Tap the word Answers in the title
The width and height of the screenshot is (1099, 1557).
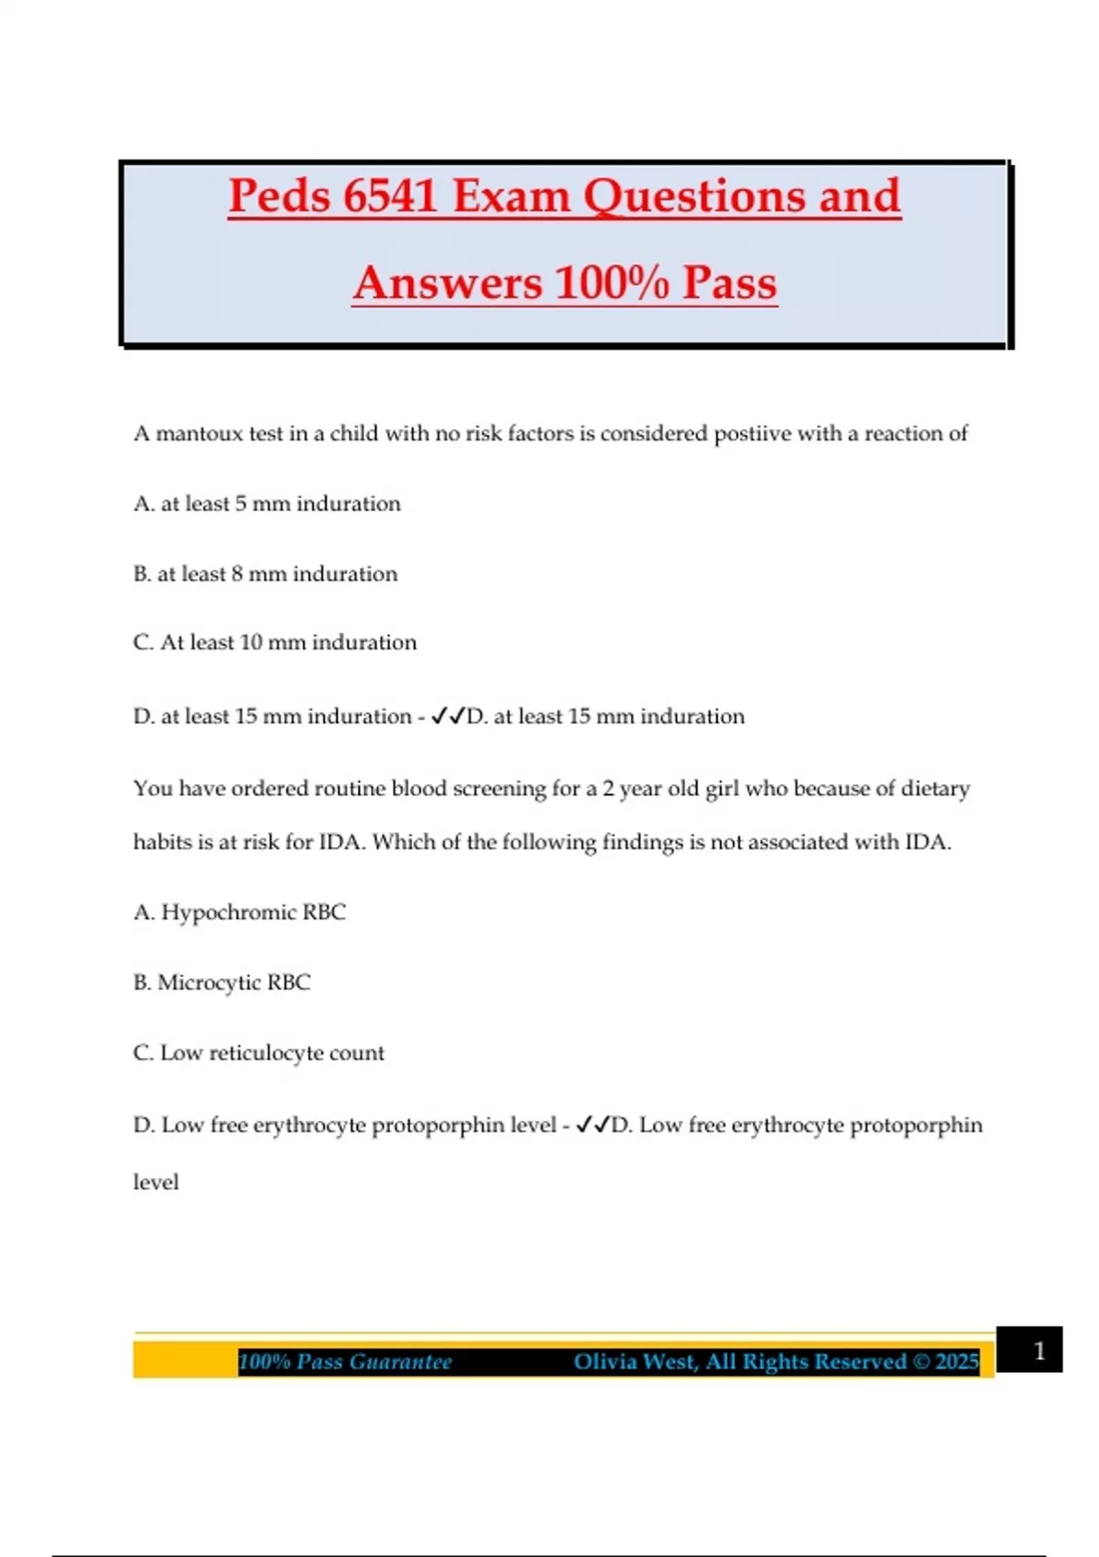[447, 282]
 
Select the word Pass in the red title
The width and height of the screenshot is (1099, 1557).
[729, 282]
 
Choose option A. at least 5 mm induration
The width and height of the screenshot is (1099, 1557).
[267, 504]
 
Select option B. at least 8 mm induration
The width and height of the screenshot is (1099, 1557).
[265, 574]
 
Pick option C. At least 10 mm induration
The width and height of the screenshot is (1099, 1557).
[274, 643]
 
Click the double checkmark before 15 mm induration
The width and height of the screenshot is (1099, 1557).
[448, 716]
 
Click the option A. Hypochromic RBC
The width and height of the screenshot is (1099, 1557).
[239, 912]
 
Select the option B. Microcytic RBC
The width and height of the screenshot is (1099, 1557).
[222, 983]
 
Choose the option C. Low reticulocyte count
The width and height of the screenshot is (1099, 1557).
[258, 1053]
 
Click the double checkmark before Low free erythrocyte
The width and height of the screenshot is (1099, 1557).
[593, 1125]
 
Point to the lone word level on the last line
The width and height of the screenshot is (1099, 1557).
[156, 1182]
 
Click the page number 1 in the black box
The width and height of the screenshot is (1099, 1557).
[1039, 1351]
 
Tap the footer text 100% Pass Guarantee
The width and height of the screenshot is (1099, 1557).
[345, 1362]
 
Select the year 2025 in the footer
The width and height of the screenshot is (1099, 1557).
[957, 1362]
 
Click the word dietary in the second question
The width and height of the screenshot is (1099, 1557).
[935, 789]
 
